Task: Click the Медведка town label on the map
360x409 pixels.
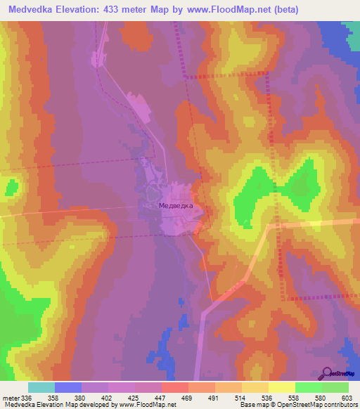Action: pos(175,207)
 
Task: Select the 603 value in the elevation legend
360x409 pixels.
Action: pos(346,398)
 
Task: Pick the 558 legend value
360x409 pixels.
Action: pos(293,398)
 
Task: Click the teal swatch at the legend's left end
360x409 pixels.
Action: pos(41,387)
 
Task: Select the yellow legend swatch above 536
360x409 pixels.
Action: pos(255,387)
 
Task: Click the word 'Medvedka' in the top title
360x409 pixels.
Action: pos(31,9)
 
